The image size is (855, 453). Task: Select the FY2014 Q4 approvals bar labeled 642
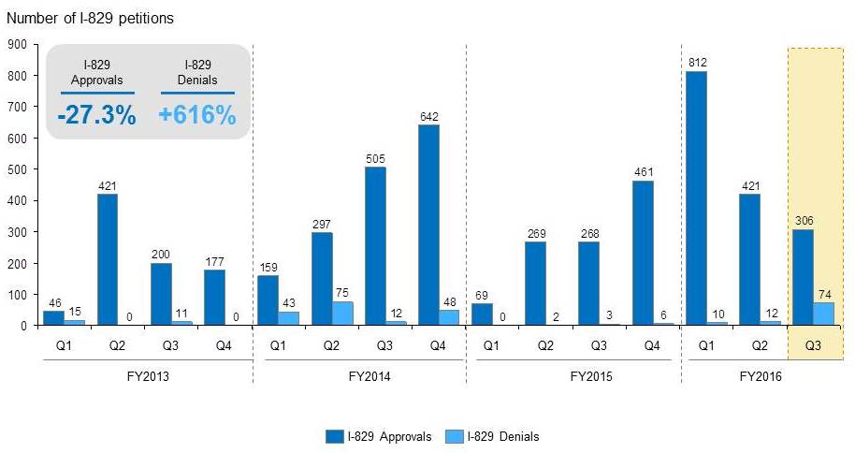pos(427,225)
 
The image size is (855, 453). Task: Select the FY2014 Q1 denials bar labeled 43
pos(288,318)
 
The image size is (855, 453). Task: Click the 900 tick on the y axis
pos(16,44)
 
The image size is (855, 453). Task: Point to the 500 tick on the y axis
pos(16,169)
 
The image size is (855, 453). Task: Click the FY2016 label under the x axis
pos(761,378)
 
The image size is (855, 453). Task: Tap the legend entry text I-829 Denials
pos(510,436)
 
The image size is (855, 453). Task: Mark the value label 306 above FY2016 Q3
pos(804,221)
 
